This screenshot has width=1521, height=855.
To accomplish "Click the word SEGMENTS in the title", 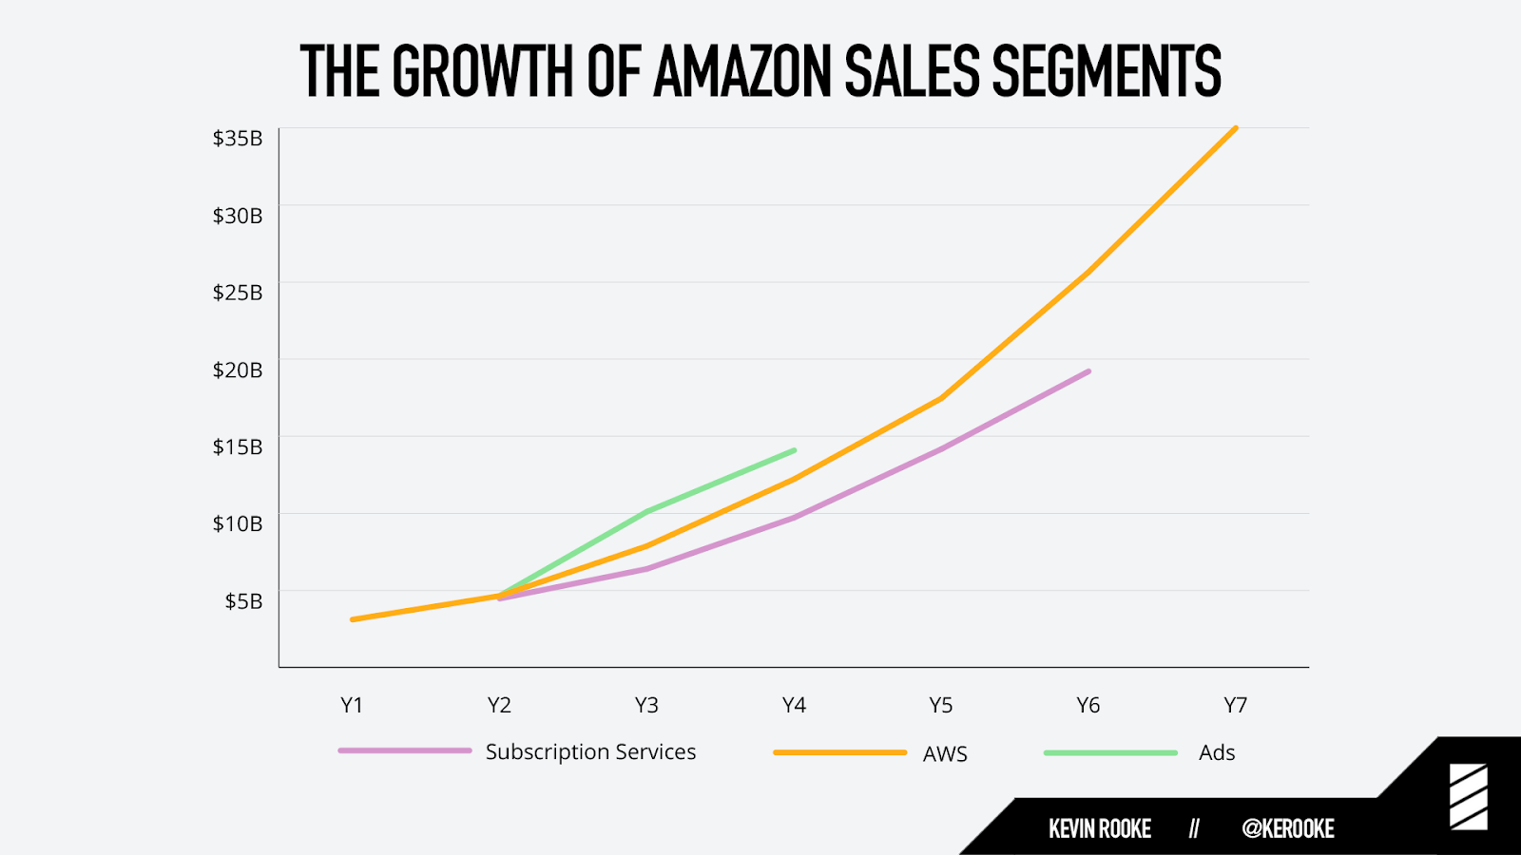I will (1106, 72).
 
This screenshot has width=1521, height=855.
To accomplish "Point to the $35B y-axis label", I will (238, 139).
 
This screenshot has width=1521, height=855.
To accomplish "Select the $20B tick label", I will (238, 370).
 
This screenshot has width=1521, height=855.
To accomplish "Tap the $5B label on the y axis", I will (243, 601).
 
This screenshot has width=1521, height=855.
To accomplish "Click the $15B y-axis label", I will (238, 447).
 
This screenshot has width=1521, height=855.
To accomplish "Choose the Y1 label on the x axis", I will (352, 705).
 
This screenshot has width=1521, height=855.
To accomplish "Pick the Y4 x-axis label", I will (794, 705).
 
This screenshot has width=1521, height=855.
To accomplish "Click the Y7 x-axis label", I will (1235, 705).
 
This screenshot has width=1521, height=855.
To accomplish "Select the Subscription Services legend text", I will (590, 752).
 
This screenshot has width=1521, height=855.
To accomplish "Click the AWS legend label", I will (945, 754).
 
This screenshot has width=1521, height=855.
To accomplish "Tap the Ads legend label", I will (1217, 753).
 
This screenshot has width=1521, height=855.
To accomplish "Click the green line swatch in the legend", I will (1110, 753).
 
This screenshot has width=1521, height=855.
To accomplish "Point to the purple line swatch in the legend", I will (405, 751).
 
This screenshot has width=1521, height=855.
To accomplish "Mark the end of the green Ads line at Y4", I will (794, 450).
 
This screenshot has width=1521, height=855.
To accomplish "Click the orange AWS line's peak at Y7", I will (1235, 128).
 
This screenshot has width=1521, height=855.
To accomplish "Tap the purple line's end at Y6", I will (1088, 371).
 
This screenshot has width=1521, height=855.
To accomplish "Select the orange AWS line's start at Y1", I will (353, 619).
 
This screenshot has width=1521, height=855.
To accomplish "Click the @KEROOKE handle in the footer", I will (1288, 829).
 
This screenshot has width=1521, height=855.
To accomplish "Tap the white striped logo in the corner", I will (1469, 797).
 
